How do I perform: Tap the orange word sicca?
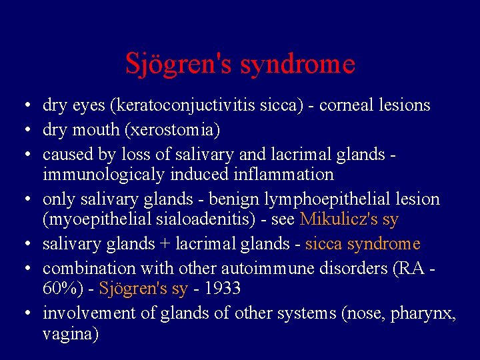[323, 244]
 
